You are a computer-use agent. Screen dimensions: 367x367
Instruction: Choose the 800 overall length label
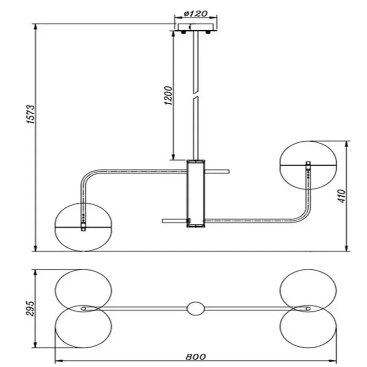point(196,356)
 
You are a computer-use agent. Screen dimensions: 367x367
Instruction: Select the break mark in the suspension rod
point(196,95)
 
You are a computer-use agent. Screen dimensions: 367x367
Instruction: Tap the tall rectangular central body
point(195,193)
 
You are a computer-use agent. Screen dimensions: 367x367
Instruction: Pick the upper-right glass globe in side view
point(308,164)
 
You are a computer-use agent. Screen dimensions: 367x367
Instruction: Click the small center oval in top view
point(195,308)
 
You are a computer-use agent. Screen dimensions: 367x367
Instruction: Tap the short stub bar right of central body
point(217,172)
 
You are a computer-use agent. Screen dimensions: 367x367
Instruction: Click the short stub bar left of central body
point(174,221)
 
